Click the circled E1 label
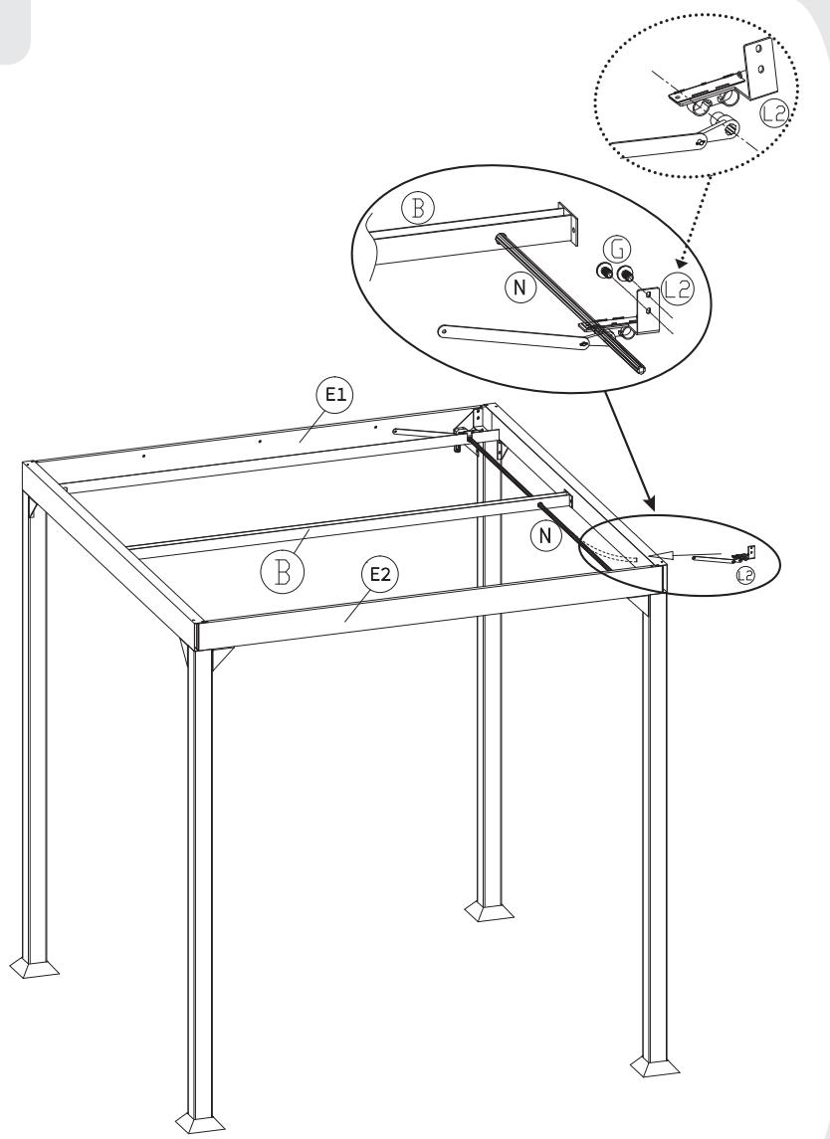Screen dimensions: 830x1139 tap(335, 396)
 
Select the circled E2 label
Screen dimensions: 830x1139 tap(380, 575)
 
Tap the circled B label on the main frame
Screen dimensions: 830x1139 tap(283, 572)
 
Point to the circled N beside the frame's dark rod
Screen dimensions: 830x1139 tap(545, 537)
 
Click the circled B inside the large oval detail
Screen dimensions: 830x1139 tap(418, 209)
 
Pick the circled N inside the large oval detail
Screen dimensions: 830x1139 tap(519, 288)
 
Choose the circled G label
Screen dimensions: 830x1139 tap(617, 249)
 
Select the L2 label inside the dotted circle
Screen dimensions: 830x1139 tap(774, 113)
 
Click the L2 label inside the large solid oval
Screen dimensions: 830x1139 tap(678, 290)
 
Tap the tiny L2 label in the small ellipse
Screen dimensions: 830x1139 tap(745, 576)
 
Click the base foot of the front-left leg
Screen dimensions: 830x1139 tap(201, 1122)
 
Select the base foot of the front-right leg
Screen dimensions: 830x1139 tap(655, 1065)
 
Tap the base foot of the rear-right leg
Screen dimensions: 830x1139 tap(489, 911)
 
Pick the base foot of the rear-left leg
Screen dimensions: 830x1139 tap(35, 968)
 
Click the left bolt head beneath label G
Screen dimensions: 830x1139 tap(604, 273)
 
